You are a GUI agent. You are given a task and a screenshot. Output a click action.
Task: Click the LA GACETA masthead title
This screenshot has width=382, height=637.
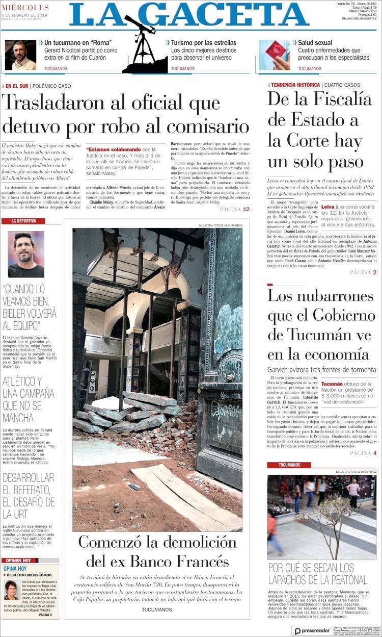189,15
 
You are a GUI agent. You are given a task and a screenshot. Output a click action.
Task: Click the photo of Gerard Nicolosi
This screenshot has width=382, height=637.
20,55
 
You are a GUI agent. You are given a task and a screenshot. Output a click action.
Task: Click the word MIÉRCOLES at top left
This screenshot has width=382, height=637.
25,8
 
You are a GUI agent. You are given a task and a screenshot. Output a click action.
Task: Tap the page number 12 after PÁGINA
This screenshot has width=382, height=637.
246,210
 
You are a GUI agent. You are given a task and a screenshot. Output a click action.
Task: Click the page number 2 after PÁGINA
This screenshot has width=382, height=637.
374,272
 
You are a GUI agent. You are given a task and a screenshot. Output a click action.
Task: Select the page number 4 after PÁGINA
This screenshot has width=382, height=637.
374,453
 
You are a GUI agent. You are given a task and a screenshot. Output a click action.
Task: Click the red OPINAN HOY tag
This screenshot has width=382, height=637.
20,560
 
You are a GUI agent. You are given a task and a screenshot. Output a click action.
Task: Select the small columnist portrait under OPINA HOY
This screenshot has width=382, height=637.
12,590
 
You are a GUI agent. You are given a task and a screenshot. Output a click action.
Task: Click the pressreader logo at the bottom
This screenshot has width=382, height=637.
312,631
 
